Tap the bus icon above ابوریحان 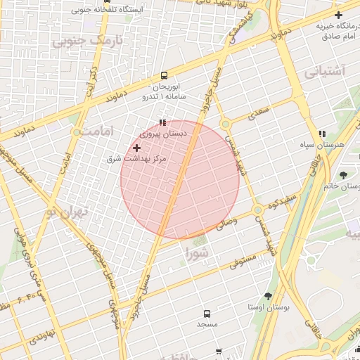pos(164,75)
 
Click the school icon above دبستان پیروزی pos(163,122)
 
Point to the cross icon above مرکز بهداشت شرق pos(136,148)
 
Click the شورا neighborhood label pos(197,251)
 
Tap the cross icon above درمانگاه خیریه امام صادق pos(339,15)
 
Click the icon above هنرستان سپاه pos(322,134)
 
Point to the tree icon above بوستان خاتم pos(343,175)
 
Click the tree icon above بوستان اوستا pos(267,297)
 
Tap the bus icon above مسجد pos(207,314)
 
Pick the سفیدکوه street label pos(278,202)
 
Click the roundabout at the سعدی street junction pos(225,124)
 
